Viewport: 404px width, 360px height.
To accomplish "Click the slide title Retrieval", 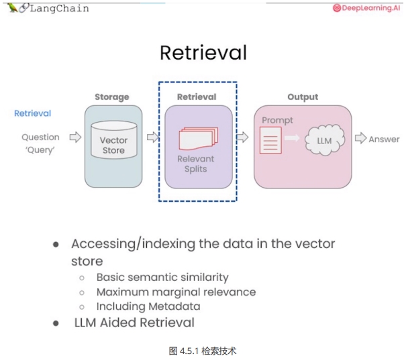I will pos(203,53).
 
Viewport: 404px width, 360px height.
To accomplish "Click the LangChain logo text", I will pos(58,8).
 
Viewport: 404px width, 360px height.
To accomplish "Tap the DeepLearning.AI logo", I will pos(366,9).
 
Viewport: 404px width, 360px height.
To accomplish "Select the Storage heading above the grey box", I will pos(111,97).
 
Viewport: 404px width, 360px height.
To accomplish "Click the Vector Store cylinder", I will pos(113,144).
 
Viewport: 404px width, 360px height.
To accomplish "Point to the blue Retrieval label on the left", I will pos(32,113).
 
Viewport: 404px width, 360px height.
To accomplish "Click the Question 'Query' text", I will pos(40,143).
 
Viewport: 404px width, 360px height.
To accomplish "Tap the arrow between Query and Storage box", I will pos(75,137).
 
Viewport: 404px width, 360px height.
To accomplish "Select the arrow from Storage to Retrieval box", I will pos(152,137).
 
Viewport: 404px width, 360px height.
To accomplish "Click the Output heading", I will pos(303,97).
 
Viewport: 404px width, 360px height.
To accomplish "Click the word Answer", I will pos(385,139).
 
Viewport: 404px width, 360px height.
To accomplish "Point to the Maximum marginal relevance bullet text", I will pos(176,292).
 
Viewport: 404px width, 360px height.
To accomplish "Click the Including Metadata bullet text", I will pos(148,306).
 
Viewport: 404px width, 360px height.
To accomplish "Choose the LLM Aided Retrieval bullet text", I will pos(134,322).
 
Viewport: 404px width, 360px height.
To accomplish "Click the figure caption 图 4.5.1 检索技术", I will pos(202,351).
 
